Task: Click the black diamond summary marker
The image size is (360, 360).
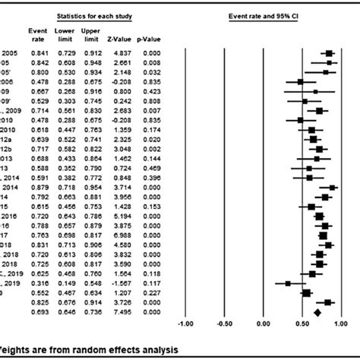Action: (317, 312)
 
